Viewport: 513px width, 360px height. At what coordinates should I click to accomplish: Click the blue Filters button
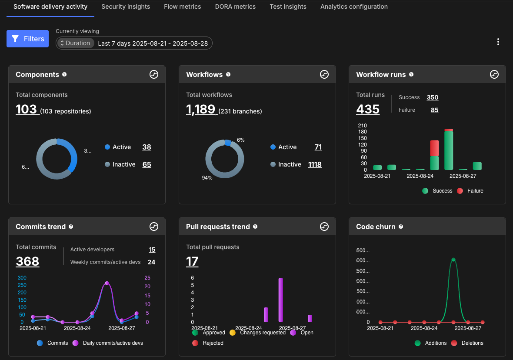[x=27, y=39]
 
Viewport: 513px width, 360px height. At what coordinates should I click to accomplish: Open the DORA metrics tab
[x=235, y=7]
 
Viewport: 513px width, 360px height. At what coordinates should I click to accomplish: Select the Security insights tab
[x=126, y=7]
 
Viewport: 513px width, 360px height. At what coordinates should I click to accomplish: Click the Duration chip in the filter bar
[x=76, y=43]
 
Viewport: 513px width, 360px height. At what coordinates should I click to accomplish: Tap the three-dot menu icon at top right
[x=498, y=42]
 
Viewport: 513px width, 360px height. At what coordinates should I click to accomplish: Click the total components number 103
[x=27, y=109]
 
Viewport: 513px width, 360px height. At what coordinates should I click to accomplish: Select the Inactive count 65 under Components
[x=147, y=164]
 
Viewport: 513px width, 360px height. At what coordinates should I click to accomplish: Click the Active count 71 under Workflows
[x=318, y=147]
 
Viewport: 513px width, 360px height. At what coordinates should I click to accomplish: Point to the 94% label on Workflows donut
[x=207, y=178]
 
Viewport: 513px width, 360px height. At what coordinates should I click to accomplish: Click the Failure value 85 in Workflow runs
[x=434, y=110]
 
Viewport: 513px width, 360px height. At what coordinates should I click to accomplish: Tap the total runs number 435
[x=368, y=109]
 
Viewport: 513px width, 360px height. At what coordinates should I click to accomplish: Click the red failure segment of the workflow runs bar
[x=434, y=148]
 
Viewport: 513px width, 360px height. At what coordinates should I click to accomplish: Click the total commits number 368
[x=27, y=261]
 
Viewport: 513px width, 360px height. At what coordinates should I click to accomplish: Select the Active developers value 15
[x=152, y=250]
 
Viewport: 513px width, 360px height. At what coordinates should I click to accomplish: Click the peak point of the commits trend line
[x=107, y=283]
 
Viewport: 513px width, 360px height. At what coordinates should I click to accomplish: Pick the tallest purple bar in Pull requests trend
[x=281, y=300]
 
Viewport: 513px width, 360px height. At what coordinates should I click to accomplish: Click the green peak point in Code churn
[x=453, y=260]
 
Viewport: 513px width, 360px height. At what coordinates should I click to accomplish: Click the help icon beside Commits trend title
[x=71, y=227]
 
